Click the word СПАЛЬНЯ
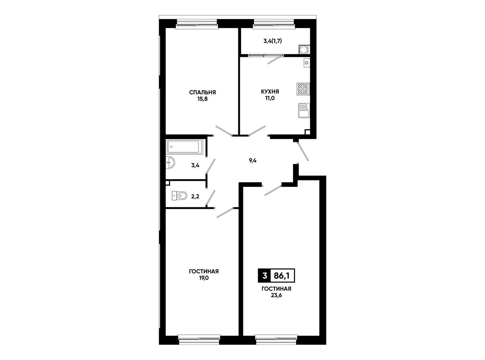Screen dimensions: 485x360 tap(202, 92)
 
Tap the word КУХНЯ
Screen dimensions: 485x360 tap(270, 91)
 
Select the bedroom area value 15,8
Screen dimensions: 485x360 tap(202, 99)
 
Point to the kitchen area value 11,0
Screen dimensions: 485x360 tap(270, 98)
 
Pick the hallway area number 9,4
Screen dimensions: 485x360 tap(253, 161)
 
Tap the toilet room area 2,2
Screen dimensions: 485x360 tap(195, 197)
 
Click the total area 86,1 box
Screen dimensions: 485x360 tap(283, 276)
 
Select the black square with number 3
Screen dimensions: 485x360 tap(264, 276)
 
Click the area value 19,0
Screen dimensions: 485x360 tap(203, 278)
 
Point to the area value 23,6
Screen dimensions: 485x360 tap(276, 296)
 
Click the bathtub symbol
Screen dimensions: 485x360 tap(184, 147)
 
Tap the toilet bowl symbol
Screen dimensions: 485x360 tap(179, 196)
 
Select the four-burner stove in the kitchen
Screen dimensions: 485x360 tap(303, 89)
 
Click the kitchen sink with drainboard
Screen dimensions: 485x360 tap(304, 110)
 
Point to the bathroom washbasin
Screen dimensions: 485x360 tap(170, 163)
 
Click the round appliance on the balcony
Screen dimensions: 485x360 tap(304, 49)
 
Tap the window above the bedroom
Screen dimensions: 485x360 tap(197, 24)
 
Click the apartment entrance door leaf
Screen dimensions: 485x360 tap(303, 151)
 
